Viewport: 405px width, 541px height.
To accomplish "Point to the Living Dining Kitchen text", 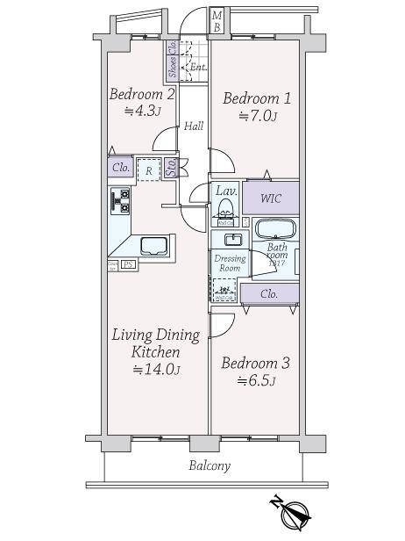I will (x=155, y=343).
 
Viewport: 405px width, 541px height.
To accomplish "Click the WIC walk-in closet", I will (x=270, y=197).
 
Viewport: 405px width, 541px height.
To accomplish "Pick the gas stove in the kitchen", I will (x=120, y=202).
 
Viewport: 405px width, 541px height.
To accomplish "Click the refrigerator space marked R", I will (x=149, y=170).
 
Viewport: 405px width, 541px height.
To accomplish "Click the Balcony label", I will (x=210, y=465).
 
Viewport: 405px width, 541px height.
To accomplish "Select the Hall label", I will (x=194, y=126).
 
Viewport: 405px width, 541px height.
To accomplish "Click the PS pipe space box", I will (x=127, y=263).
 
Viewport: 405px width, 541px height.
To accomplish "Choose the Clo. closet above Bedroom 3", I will (x=269, y=293).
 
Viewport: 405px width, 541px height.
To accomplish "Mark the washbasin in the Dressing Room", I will (x=233, y=240).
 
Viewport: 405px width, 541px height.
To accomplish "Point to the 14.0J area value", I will (x=157, y=370).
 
